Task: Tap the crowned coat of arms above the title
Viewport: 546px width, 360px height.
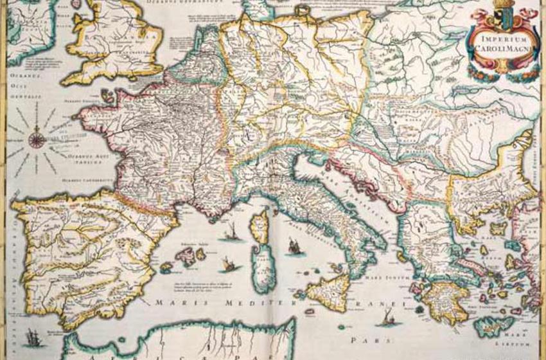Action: pyautogui.click(x=502, y=17)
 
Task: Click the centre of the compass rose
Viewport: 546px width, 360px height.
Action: pyautogui.click(x=37, y=136)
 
